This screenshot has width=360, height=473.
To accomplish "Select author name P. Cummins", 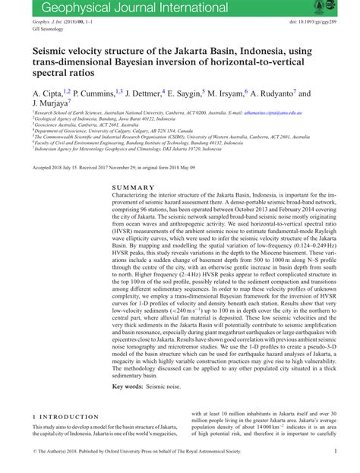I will point(88,93).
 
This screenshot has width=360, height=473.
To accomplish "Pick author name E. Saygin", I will point(190,93).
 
